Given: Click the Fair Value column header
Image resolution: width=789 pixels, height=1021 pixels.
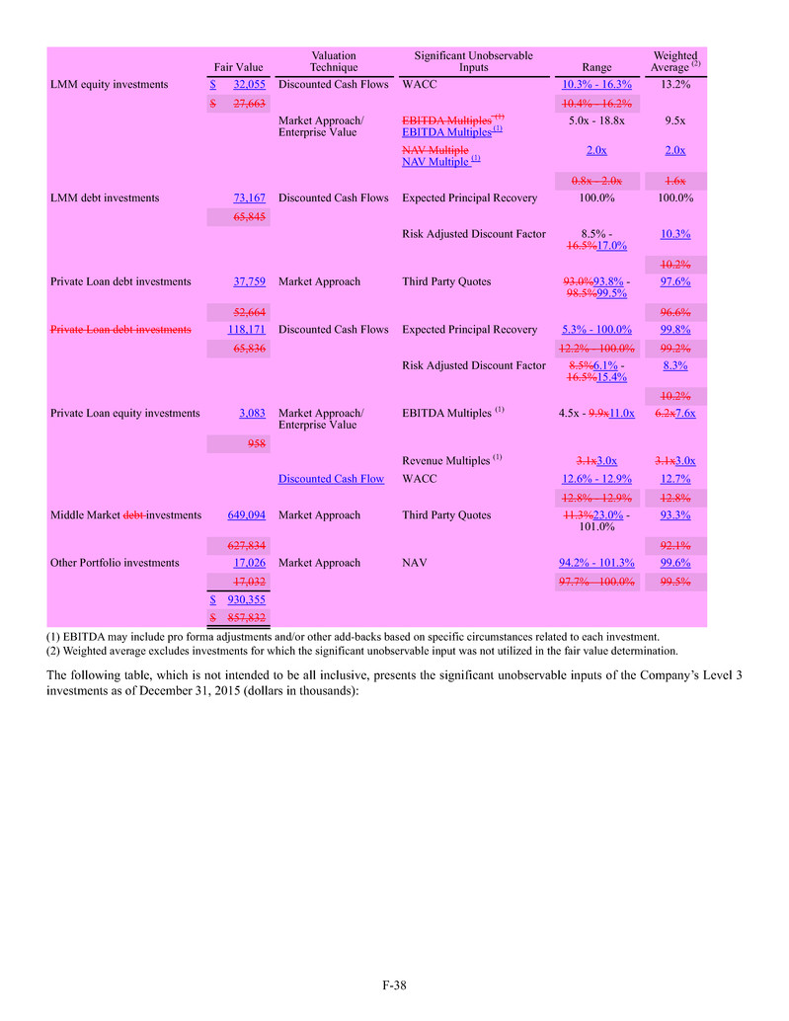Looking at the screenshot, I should click(238, 67).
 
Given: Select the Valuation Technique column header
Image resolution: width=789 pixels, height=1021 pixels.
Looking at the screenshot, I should click(333, 61).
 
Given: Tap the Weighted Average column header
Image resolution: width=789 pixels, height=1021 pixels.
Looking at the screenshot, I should click(675, 61).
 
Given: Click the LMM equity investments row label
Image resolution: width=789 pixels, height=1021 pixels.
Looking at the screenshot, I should click(109, 85).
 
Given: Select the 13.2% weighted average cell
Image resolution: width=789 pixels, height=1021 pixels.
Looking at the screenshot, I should click(675, 85).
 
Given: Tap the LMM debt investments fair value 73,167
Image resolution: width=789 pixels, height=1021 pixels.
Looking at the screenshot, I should click(250, 198).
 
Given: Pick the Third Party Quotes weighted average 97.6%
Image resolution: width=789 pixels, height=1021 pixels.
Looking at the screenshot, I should click(675, 282).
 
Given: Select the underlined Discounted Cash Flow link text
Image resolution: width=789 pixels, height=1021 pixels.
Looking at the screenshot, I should click(332, 479).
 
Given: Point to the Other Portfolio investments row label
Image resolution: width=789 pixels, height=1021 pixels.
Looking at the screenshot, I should click(115, 563).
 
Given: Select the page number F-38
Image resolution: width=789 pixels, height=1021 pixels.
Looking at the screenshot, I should click(395, 985).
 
